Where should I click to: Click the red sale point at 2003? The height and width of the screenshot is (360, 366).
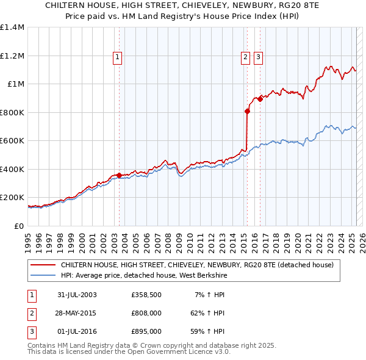coord(119,175)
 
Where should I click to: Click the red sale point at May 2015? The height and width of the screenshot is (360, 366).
coord(247,111)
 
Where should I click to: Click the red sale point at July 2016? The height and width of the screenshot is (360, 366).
coord(259,99)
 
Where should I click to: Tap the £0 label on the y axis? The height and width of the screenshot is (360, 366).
coord(19,226)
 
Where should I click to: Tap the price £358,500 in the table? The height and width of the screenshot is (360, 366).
coord(146,295)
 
